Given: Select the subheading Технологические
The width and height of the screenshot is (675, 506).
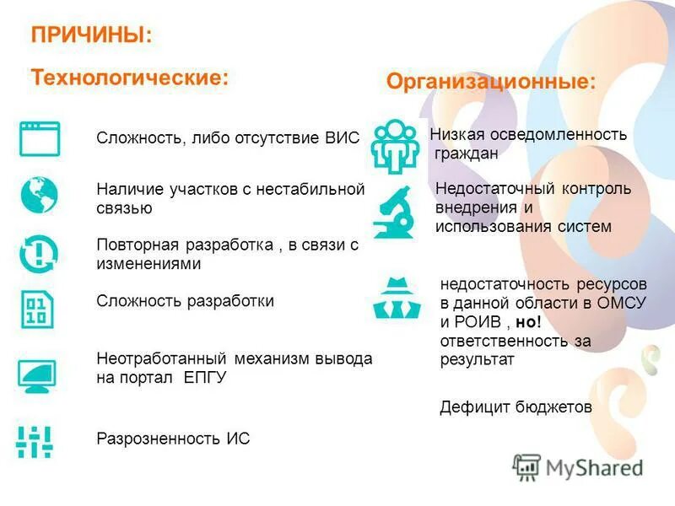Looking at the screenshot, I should pyautogui.click(x=130, y=77).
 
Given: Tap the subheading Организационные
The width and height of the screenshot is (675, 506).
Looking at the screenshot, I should pyautogui.click(x=490, y=82).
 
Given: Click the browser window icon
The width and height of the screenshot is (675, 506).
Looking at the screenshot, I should pyautogui.click(x=39, y=138).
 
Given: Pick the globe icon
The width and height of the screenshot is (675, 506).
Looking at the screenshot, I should pyautogui.click(x=39, y=194).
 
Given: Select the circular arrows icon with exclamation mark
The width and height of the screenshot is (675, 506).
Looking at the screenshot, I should pyautogui.click(x=39, y=252).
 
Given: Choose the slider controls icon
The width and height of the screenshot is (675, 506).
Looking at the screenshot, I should pyautogui.click(x=35, y=441).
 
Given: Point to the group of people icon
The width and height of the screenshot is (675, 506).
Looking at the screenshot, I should pyautogui.click(x=393, y=145).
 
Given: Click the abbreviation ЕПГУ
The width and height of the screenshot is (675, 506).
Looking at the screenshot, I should pyautogui.click(x=205, y=378).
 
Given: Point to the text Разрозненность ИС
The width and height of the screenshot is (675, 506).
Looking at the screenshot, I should pyautogui.click(x=173, y=439).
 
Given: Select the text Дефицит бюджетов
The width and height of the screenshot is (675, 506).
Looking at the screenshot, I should pyautogui.click(x=516, y=407).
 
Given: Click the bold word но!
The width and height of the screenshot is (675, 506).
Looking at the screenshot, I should pyautogui.click(x=526, y=322).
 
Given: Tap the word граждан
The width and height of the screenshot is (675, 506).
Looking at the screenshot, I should pyautogui.click(x=467, y=153).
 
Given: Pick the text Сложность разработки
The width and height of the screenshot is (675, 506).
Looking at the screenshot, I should pyautogui.click(x=185, y=301).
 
